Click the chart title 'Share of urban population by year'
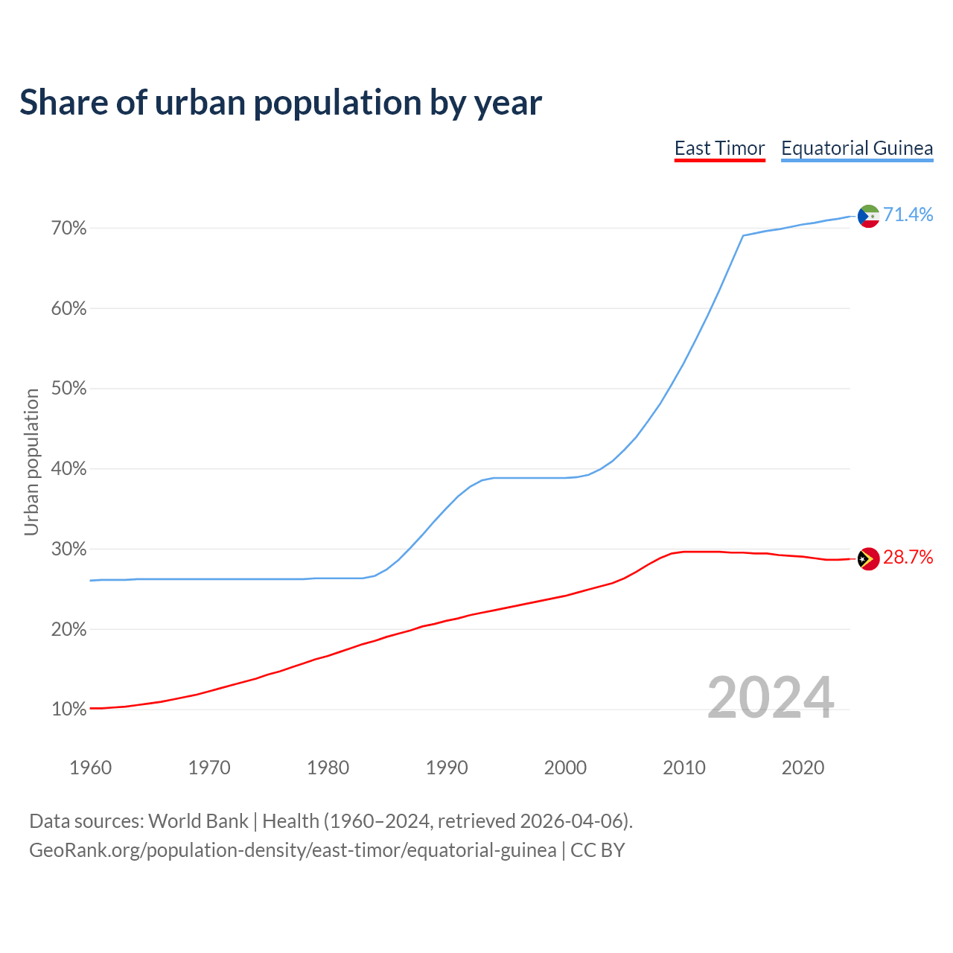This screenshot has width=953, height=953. [x=281, y=103]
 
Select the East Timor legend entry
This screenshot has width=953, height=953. [x=719, y=148]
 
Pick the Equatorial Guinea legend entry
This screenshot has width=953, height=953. [x=857, y=148]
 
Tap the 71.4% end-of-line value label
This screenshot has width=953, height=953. [x=908, y=215]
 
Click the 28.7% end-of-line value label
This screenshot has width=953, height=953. [x=908, y=558]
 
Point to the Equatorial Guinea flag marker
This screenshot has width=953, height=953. [x=868, y=216]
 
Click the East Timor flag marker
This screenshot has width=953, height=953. [x=868, y=558]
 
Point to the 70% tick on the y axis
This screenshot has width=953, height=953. [x=68, y=229]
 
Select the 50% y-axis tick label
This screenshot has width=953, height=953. [x=68, y=389]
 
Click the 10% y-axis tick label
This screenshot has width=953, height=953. [x=68, y=710]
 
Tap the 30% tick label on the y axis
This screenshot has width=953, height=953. [x=68, y=549]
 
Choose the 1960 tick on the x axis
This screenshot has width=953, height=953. [x=90, y=768]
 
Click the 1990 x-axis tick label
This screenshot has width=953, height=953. [x=447, y=768]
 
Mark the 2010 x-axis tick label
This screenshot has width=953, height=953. [x=684, y=768]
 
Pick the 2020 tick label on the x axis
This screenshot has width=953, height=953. [x=803, y=768]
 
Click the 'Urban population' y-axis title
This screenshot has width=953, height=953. [x=31, y=462]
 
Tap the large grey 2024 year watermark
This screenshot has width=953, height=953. [x=771, y=698]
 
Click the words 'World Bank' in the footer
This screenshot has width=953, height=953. [x=198, y=821]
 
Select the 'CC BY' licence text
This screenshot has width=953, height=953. [x=598, y=850]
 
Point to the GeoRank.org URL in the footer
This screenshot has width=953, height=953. [x=293, y=850]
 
